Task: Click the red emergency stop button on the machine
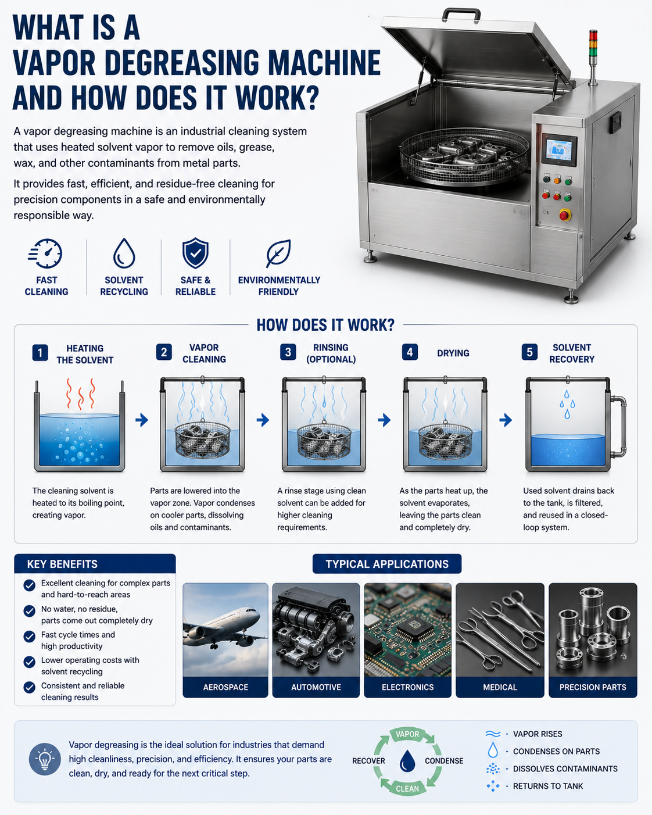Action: click(565, 215)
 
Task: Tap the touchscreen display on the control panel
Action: click(559, 150)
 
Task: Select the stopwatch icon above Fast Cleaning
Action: click(45, 253)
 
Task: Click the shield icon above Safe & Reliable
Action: click(195, 253)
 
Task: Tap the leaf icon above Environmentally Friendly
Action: click(279, 253)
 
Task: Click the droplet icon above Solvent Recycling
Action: click(124, 253)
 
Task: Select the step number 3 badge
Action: click(288, 352)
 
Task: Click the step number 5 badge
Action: click(529, 352)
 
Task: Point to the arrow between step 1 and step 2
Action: click(142, 420)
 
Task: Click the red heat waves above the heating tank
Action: click(80, 394)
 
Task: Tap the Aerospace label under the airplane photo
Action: click(225, 687)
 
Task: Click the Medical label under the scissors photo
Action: click(500, 687)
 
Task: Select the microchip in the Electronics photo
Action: click(413, 628)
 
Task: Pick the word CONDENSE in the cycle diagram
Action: click(444, 761)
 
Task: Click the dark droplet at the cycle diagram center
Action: click(407, 760)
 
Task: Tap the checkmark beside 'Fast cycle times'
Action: click(29, 636)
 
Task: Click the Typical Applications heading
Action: click(387, 564)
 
